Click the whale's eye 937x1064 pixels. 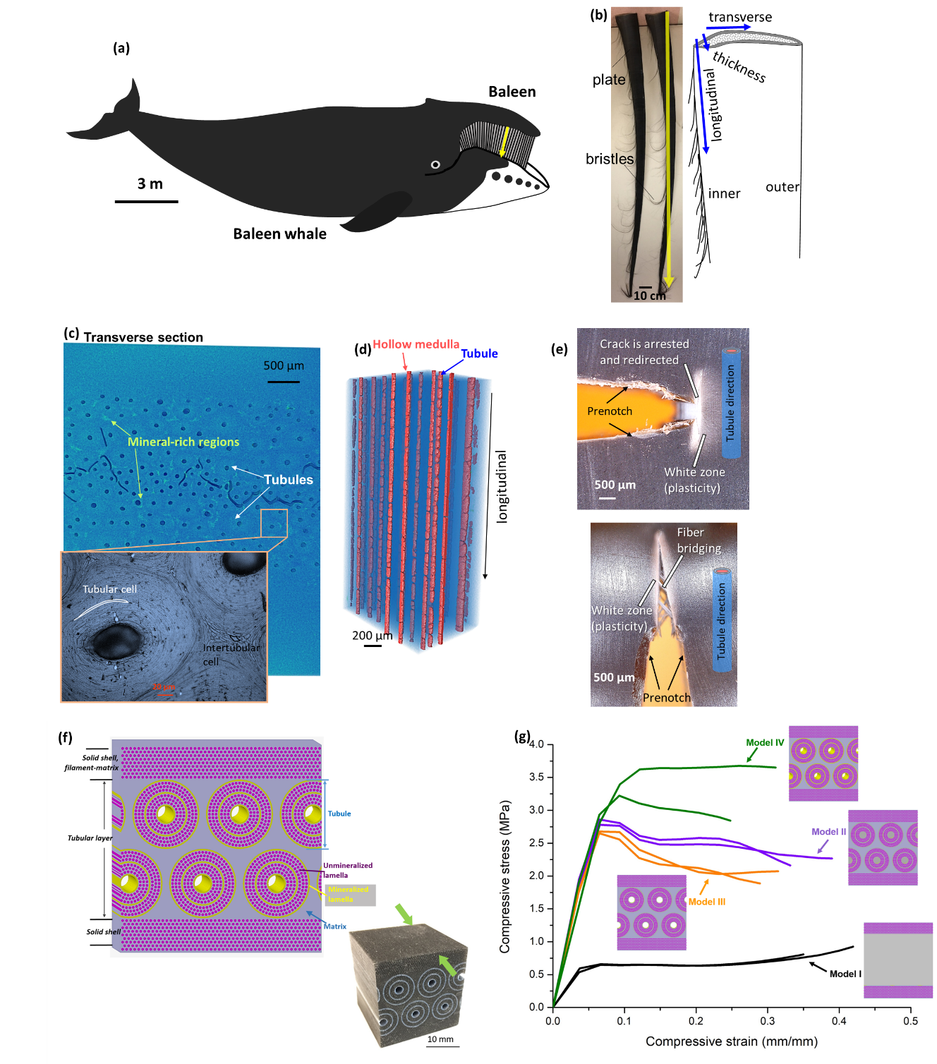click(435, 164)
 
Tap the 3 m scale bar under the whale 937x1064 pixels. click(147, 202)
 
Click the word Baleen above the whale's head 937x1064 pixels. click(512, 92)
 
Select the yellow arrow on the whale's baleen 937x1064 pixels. click(504, 141)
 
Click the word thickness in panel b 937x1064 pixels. click(739, 66)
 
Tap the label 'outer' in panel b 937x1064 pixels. click(782, 187)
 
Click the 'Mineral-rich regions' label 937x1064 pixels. click(183, 442)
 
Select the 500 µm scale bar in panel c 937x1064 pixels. click(284, 382)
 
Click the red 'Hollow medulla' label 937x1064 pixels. click(416, 344)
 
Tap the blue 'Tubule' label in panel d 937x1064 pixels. click(479, 353)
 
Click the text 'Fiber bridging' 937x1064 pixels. click(699, 540)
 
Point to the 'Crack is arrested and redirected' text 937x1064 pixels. click(643, 351)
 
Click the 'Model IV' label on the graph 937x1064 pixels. click(765, 742)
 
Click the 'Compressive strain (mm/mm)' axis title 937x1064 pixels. click(731, 1041)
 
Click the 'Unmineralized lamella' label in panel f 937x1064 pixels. click(347, 870)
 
